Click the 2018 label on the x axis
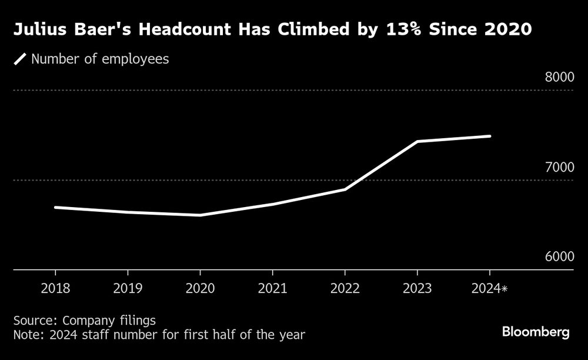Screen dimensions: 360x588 55,289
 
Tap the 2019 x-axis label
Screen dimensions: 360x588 128,289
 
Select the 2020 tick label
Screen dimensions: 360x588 200,289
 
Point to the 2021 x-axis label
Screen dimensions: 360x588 272,289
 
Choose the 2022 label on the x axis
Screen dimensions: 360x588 345,289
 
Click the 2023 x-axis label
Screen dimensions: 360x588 417,289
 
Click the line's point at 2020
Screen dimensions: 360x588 200,215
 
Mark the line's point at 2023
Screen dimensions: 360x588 417,141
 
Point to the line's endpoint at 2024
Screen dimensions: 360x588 490,136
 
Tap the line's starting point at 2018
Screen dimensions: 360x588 55,207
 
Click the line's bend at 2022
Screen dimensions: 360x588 345,189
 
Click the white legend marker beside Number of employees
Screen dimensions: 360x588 21,59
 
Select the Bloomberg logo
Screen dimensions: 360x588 536,332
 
